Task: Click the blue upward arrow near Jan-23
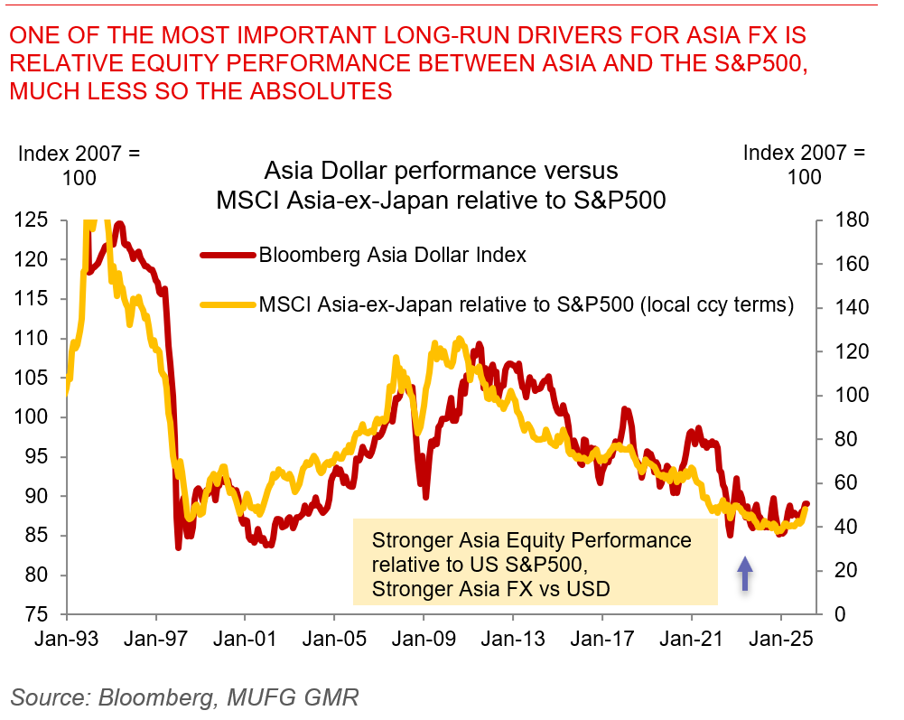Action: click(x=745, y=574)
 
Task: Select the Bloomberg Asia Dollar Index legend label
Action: click(x=392, y=255)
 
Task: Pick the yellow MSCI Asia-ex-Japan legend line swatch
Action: click(x=228, y=305)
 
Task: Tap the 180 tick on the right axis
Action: click(x=846, y=220)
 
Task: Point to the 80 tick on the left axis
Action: click(x=39, y=575)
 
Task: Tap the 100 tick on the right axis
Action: click(x=846, y=396)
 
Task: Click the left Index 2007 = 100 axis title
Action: click(x=79, y=165)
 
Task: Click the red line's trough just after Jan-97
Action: click(x=178, y=546)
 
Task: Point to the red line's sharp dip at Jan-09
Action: click(x=424, y=494)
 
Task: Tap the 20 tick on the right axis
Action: click(x=841, y=571)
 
